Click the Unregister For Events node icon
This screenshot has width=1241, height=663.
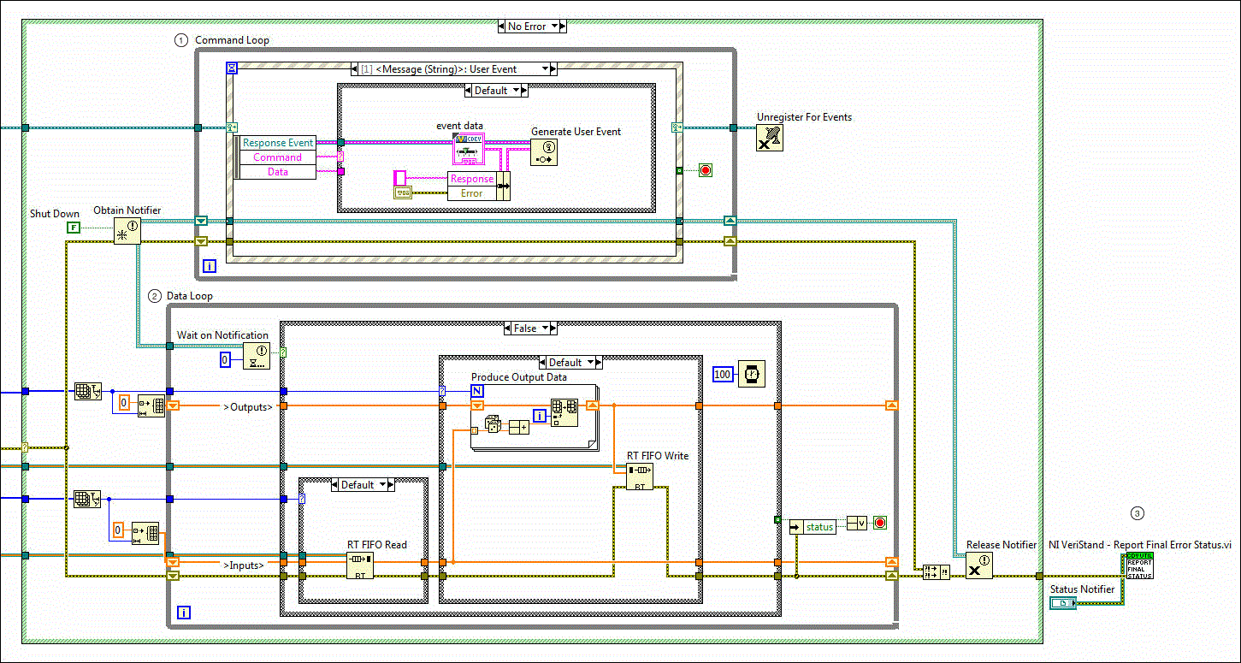(x=770, y=138)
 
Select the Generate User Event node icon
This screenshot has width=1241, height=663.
(x=543, y=151)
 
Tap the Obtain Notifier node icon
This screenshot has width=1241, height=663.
(x=127, y=231)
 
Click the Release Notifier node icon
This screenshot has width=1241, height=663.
(x=979, y=565)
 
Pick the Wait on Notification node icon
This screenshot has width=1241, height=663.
(x=256, y=355)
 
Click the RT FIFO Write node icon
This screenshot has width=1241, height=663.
(x=639, y=477)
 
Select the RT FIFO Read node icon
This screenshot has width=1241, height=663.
(x=360, y=565)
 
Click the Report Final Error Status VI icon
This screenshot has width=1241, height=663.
(x=1139, y=565)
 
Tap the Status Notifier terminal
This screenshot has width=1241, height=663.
(x=1063, y=604)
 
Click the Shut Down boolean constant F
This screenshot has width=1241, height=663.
(x=74, y=227)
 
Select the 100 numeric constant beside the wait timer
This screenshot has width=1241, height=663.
(x=723, y=374)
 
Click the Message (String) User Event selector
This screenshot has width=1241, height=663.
(x=453, y=69)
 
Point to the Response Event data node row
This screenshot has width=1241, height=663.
(x=278, y=143)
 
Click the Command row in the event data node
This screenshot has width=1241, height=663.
(x=277, y=157)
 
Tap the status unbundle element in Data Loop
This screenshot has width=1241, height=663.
(x=818, y=527)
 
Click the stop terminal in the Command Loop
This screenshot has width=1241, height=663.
(x=706, y=170)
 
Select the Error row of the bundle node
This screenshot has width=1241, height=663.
(x=471, y=193)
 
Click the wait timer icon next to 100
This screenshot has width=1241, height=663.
(x=751, y=374)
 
